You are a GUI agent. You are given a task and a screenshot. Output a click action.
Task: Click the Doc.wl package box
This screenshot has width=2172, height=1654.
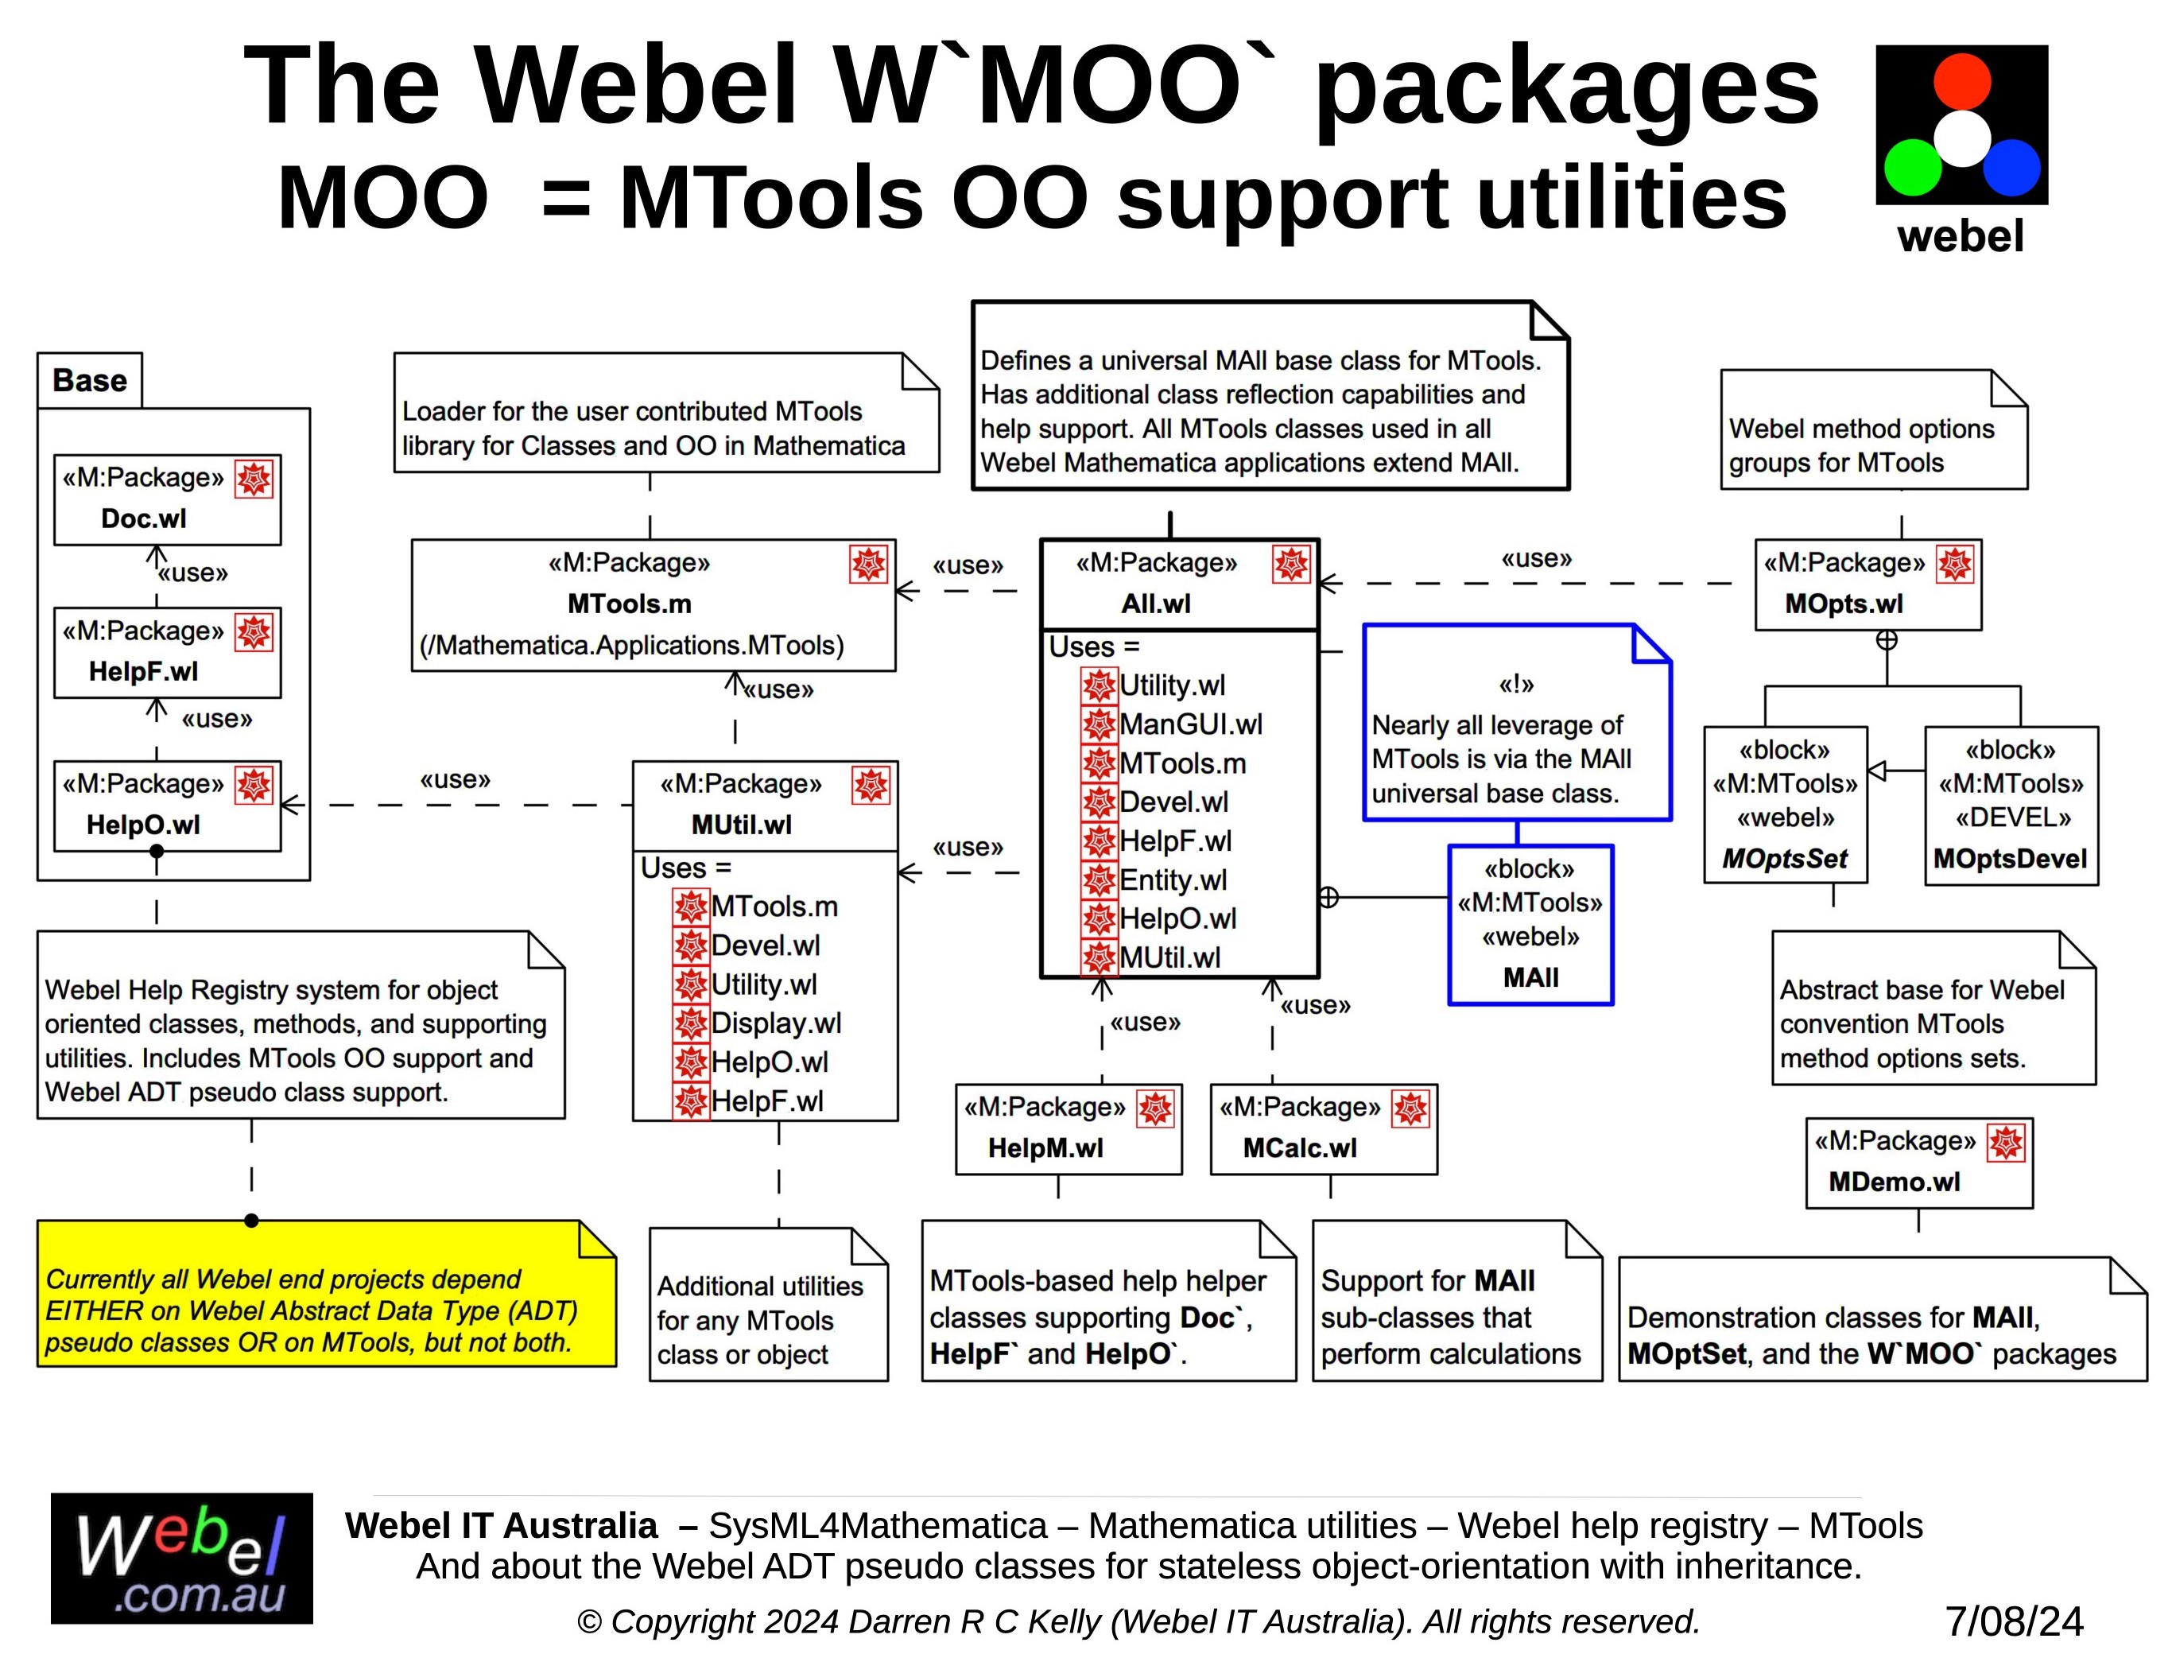[166, 499]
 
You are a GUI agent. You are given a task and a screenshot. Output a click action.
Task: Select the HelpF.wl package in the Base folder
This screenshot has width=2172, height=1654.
[166, 652]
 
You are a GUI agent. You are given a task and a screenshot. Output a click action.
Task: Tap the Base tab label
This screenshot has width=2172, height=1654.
[90, 380]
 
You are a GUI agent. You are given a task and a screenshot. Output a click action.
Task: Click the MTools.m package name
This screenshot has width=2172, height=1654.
[629, 604]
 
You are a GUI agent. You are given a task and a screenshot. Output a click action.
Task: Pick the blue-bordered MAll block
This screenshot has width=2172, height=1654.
[1530, 923]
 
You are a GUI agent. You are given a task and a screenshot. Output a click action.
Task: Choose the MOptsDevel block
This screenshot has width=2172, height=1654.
[2010, 805]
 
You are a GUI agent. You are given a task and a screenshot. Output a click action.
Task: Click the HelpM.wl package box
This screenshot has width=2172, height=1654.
[1068, 1128]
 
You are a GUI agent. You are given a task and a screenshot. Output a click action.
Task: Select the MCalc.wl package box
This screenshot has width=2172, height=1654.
[1323, 1128]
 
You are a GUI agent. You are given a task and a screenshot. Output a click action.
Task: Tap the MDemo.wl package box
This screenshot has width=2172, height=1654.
[1918, 1162]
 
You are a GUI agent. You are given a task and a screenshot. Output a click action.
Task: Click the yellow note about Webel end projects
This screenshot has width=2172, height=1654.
[325, 1294]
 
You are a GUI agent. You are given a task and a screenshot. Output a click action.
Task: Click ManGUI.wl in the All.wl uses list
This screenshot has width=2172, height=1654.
[1190, 724]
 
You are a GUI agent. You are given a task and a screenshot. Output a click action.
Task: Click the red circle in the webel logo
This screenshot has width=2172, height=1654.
[1961, 81]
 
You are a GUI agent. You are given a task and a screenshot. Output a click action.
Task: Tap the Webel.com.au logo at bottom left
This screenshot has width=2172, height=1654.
[181, 1558]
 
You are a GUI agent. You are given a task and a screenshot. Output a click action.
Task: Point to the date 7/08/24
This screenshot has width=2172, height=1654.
[2014, 1621]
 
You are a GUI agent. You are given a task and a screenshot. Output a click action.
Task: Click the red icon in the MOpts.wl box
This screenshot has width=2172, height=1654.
[1954, 564]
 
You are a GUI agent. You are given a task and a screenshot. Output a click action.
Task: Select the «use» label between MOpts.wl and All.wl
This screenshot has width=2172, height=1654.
[1535, 558]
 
